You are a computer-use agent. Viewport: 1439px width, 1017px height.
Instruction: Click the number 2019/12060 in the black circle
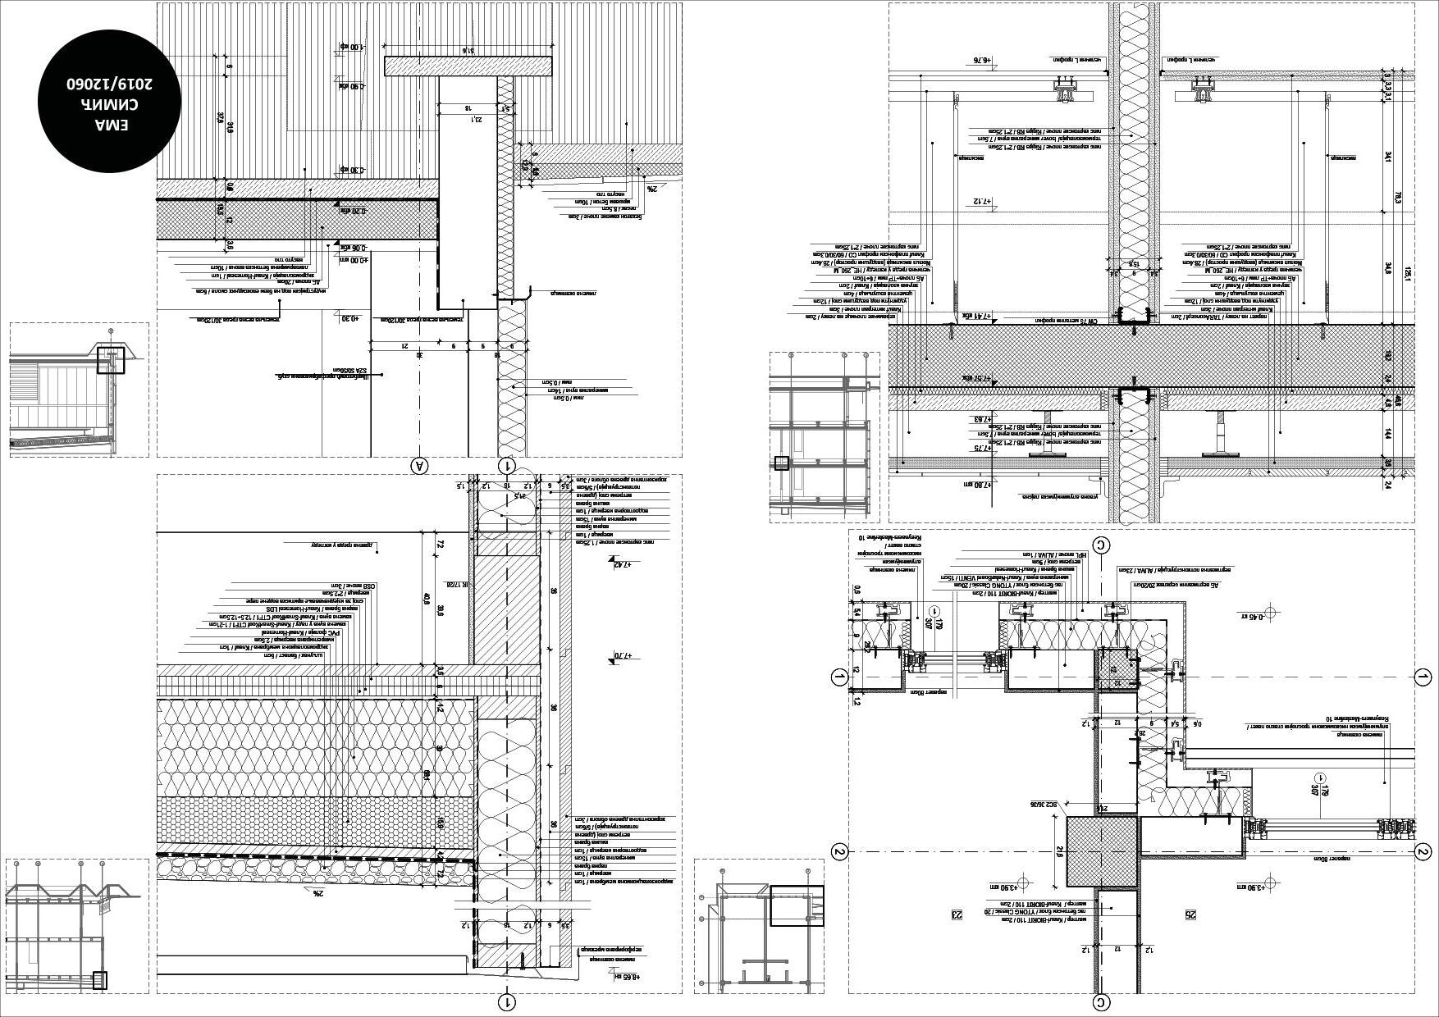pyautogui.click(x=111, y=84)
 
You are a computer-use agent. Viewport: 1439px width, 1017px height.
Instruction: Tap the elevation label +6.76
pyautogui.click(x=982, y=60)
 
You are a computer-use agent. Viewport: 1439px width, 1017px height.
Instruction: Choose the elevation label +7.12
pyautogui.click(x=982, y=201)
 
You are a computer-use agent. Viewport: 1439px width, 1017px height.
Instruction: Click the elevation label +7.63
pyautogui.click(x=982, y=419)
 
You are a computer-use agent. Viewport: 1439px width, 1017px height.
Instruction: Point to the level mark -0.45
pyautogui.click(x=1250, y=613)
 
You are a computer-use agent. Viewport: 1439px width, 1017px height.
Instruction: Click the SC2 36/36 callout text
pyautogui.click(x=1048, y=805)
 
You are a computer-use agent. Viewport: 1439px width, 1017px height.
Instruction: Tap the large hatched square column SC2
pyautogui.click(x=1102, y=851)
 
